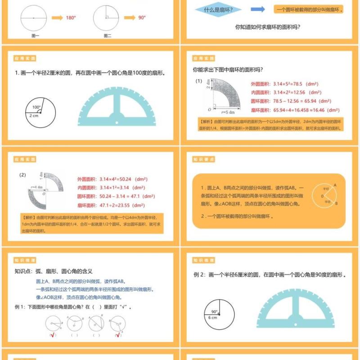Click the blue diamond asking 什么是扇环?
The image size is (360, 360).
tap(218, 9)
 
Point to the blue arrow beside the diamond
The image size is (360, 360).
tap(257, 9)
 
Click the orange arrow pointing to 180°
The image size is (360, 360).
tap(57, 18)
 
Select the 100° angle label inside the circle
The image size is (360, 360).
tap(36, 107)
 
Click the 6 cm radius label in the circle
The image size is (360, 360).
tap(213, 317)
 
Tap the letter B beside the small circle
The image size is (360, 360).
tap(336, 203)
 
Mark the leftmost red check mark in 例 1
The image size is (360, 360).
tap(53, 334)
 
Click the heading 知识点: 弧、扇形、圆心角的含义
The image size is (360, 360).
tap(54, 271)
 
